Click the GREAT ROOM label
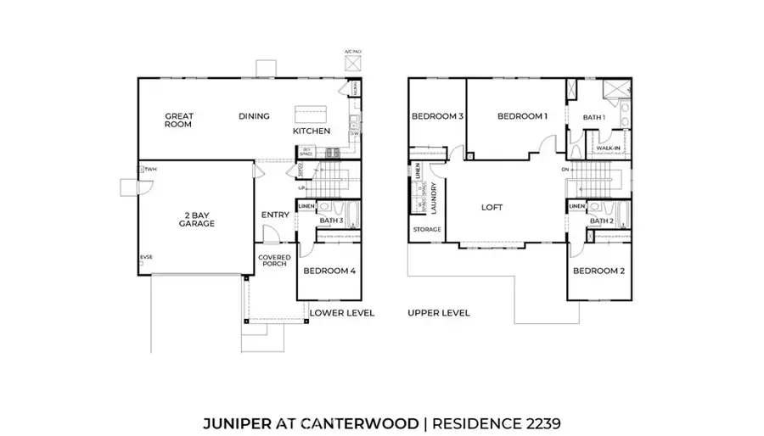[179, 120]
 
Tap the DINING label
[254, 116]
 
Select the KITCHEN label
[312, 131]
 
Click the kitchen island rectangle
[306, 114]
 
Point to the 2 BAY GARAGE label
[196, 220]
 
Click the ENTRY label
[275, 215]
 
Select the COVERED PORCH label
[274, 260]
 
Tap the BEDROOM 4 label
[329, 271]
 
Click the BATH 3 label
[331, 221]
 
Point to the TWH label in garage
[150, 170]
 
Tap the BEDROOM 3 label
[437, 116]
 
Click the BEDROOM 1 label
[522, 116]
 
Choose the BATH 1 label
[593, 117]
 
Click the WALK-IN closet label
[608, 148]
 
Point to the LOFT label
[493, 206]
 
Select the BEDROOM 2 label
[599, 271]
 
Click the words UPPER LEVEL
[438, 313]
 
